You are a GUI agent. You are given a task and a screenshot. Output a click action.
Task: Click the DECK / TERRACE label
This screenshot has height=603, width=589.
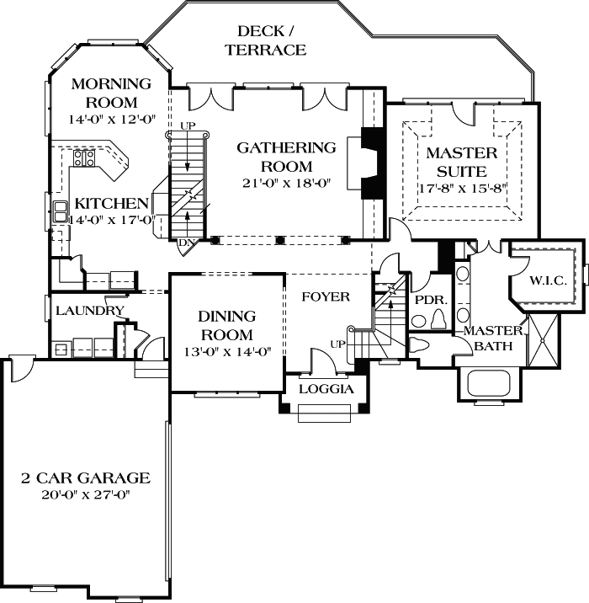click(x=265, y=40)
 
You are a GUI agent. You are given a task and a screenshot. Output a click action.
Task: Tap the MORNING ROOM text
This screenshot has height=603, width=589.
click(x=111, y=92)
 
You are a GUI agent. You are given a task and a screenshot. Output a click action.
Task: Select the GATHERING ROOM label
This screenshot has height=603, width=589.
click(x=286, y=157)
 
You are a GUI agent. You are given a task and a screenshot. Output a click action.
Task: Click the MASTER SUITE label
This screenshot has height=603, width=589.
click(x=461, y=162)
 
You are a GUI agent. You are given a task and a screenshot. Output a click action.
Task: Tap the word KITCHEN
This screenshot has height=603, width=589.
click(x=112, y=204)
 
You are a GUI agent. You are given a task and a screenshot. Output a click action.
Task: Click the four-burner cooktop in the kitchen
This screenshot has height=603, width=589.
click(x=84, y=157)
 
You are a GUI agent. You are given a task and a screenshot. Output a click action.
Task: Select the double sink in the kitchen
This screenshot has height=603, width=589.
click(x=61, y=211)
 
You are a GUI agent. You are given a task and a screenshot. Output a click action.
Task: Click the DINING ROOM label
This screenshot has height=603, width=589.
click(x=226, y=326)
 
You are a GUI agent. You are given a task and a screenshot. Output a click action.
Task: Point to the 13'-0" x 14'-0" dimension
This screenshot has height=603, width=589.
click(x=226, y=353)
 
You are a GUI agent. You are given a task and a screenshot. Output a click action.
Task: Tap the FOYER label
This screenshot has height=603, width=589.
click(x=326, y=297)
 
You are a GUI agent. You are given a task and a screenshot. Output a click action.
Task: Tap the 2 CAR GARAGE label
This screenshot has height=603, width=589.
click(x=85, y=478)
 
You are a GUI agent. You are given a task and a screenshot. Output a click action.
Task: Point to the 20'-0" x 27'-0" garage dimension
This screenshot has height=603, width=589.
click(x=85, y=494)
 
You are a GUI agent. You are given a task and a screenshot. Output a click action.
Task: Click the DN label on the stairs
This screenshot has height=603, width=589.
click(x=186, y=243)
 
